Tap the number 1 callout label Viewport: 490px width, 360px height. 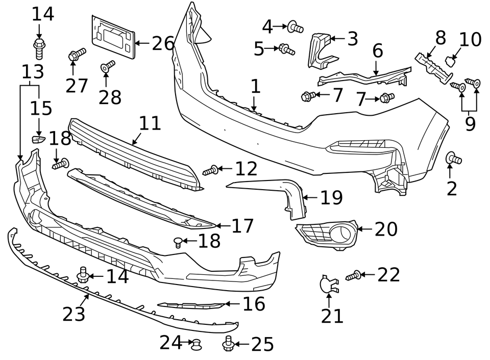pos(255,87)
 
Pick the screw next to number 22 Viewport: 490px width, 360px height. pos(353,276)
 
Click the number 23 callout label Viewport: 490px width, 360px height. pos(73,315)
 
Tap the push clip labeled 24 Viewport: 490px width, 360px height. pos(195,345)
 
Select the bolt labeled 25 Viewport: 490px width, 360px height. pos(228,345)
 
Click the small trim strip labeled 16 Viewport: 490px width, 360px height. pos(190,305)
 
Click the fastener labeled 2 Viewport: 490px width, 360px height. pos(453,159)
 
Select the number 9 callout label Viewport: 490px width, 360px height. pos(470,124)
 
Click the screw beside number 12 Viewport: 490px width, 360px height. pos(211,170)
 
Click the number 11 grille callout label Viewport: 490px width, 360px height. pos(150,123)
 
